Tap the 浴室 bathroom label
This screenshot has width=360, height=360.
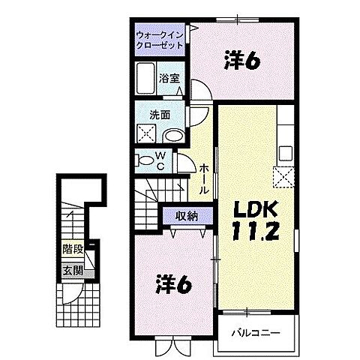pos(168,78)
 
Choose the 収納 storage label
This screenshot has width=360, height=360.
pos(187,216)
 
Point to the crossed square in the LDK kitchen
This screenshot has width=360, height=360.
pos(285,177)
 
